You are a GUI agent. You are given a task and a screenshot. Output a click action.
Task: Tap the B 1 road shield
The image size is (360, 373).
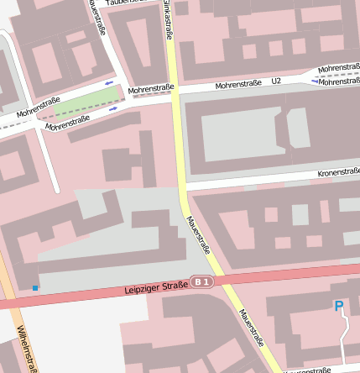[201, 281]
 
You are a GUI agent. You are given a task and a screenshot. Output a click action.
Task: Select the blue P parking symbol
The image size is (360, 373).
[339, 307]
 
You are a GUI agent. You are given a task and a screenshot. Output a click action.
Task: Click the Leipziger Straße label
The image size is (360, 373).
[155, 288]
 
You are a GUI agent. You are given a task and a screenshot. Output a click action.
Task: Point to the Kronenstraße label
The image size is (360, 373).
[338, 172]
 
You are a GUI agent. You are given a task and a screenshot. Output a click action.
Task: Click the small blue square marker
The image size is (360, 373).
[35, 288]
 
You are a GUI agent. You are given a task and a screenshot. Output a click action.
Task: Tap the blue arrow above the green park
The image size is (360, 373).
[110, 82]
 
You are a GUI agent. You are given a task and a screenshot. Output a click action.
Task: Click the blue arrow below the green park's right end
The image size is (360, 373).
[112, 108]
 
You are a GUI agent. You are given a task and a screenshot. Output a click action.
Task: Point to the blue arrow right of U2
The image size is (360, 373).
[314, 81]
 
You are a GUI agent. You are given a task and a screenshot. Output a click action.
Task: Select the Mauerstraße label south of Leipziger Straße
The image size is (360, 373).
[251, 328]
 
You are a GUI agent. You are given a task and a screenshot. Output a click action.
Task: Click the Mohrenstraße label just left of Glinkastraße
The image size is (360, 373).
[151, 87]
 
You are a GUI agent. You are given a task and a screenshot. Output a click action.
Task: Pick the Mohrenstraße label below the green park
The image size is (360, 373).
[68, 123]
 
